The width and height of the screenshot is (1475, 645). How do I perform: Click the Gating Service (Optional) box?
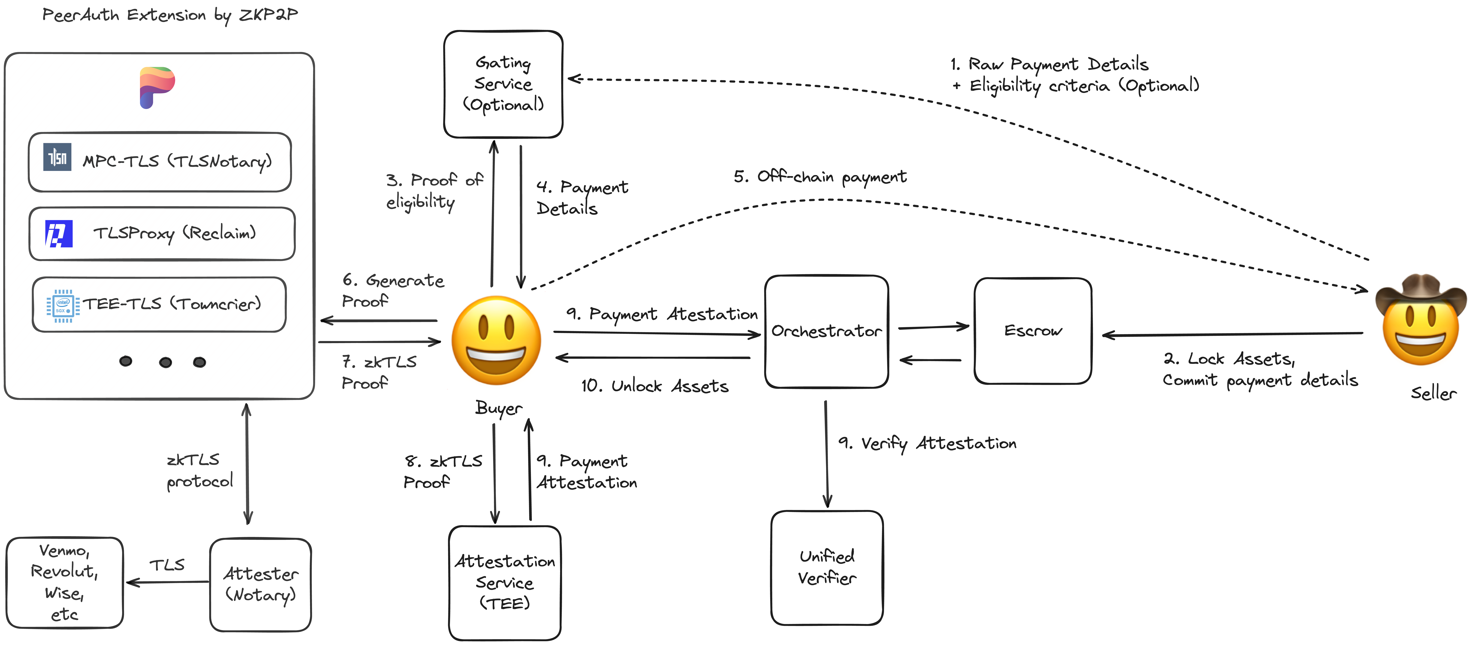503,84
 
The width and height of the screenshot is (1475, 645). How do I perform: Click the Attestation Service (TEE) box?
505,583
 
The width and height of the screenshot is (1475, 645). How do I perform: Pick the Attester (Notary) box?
260,584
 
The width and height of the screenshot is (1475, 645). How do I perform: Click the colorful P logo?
156,87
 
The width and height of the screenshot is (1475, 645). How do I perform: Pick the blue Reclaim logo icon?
59,234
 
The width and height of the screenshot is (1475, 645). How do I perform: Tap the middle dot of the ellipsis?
166,362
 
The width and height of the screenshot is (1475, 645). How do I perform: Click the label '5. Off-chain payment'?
820,177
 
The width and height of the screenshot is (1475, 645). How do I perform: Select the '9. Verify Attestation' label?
927,443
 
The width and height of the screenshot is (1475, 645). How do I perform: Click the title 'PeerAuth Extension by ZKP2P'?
170,15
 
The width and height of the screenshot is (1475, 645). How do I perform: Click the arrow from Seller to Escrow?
1231,334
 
